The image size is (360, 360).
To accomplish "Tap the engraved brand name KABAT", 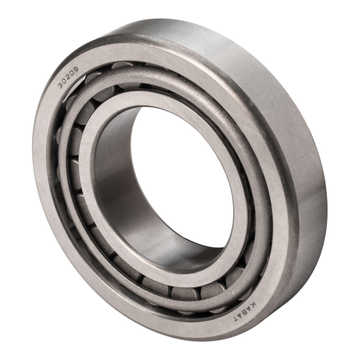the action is tap(244, 311).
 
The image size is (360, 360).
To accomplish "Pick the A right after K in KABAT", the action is tap(250, 308).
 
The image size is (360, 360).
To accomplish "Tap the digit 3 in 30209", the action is tap(60, 86).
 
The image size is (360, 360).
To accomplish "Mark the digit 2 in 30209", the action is tap(68, 77).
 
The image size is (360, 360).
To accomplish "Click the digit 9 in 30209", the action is tap(76, 69).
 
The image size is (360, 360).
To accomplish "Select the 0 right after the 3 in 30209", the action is tap(64, 81).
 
